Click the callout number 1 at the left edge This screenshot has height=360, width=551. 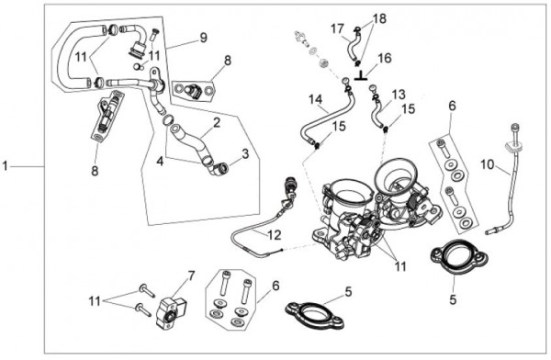point(5,166)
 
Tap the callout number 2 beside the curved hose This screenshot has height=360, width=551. point(217,123)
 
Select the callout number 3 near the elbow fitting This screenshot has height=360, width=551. point(245,153)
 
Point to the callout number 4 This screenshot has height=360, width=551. point(160,162)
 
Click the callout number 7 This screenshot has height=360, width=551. point(191,276)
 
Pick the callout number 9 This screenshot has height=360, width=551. point(204,38)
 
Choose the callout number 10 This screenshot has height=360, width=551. point(488,164)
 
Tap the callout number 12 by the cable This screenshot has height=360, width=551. point(275,235)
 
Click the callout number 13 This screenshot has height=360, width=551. point(399,95)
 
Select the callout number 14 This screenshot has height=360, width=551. point(316,99)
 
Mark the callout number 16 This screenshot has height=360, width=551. point(385,58)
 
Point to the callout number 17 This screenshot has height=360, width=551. point(337,28)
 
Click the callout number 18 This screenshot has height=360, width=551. point(379,18)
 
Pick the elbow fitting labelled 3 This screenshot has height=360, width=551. point(219,170)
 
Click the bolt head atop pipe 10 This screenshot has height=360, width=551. point(515,128)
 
